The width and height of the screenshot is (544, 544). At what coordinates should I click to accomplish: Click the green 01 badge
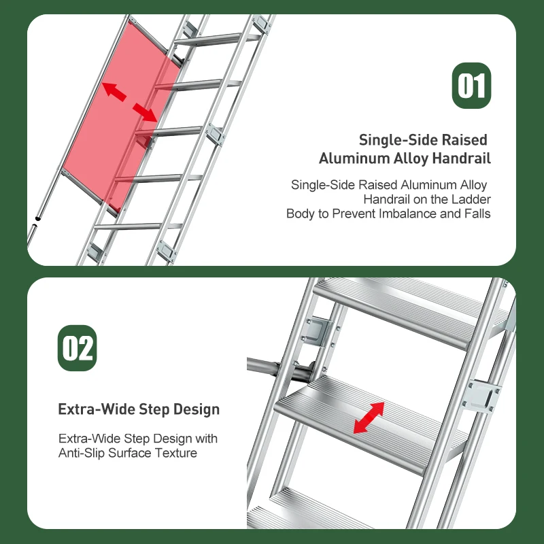pyautogui.click(x=471, y=86)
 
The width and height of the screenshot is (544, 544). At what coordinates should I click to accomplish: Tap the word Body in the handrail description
pyautogui.click(x=300, y=214)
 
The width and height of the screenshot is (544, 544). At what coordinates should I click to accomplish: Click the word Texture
pyautogui.click(x=176, y=453)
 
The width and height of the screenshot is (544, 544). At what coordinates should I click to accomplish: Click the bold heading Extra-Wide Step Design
pyautogui.click(x=139, y=409)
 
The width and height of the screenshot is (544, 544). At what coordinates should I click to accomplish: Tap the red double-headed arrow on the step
pyautogui.click(x=369, y=417)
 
